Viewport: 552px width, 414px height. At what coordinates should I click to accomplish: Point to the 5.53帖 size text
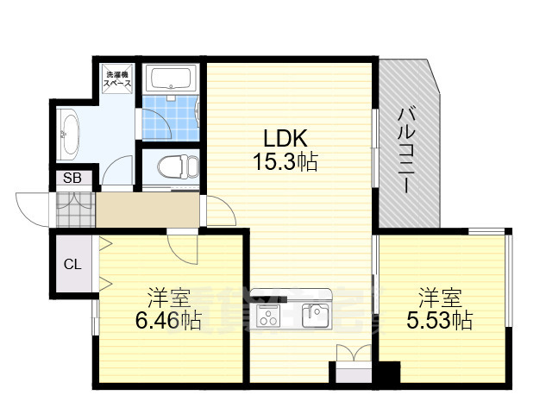tap(440, 323)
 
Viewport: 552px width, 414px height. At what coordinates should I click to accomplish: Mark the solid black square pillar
tap(389, 373)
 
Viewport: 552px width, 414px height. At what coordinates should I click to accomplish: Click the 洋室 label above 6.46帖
tap(168, 300)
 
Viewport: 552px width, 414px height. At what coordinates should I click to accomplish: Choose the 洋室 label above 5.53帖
tap(440, 300)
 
